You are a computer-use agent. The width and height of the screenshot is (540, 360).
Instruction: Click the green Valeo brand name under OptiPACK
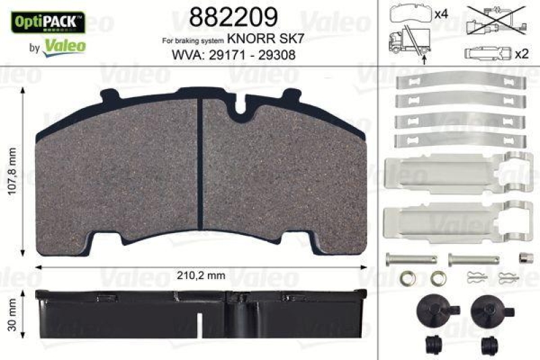(64, 45)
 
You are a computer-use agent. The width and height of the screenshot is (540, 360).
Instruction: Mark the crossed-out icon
(497, 19)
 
